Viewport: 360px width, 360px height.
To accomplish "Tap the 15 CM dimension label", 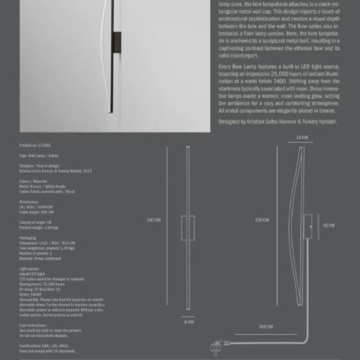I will click(x=328, y=226).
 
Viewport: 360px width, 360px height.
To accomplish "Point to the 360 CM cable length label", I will click(x=265, y=327).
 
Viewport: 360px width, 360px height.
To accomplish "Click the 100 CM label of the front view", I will click(x=153, y=220).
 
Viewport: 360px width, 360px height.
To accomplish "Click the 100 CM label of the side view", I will click(x=262, y=220).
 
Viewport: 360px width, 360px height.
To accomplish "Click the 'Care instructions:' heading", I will click(x=34, y=325).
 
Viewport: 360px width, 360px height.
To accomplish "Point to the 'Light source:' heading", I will click(x=29, y=269).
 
